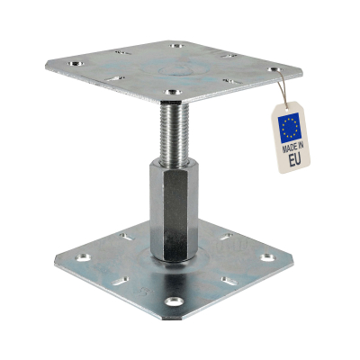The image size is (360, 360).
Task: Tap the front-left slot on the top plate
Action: click(114, 78)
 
